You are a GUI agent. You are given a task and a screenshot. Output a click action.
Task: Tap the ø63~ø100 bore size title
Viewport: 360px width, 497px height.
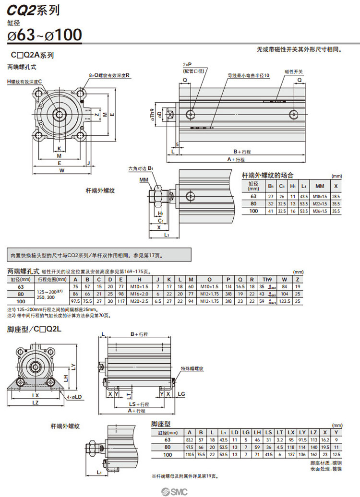coord(44,35)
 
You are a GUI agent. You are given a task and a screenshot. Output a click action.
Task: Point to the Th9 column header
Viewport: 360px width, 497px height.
coord(266,279)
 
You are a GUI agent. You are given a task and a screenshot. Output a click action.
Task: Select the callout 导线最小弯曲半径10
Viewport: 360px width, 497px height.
coord(248,76)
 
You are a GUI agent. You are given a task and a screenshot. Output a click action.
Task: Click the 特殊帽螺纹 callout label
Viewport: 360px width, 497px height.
coord(192,368)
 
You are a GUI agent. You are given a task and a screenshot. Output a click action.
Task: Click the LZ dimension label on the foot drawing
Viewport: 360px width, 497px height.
coord(35,402)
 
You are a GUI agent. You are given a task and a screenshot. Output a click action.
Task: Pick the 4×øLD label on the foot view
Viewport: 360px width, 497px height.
coord(74,397)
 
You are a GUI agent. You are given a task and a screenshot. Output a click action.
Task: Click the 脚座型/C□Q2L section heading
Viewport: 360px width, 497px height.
coord(35,330)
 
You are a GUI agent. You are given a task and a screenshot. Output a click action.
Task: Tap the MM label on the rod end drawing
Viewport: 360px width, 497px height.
coord(144,180)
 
